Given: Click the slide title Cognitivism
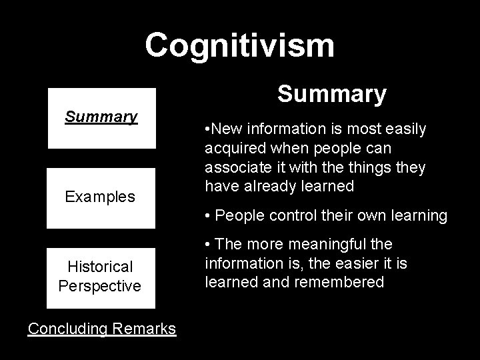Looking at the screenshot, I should point(239,45).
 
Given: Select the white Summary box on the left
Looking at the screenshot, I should point(101,117).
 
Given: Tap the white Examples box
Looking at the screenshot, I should point(101,197).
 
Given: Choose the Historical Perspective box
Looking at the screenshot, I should point(101,277).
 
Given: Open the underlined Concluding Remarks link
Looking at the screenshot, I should point(102,328).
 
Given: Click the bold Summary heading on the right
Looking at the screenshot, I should point(331,94).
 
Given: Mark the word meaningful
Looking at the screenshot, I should point(337,245).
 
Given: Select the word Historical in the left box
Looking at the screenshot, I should point(101,267).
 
